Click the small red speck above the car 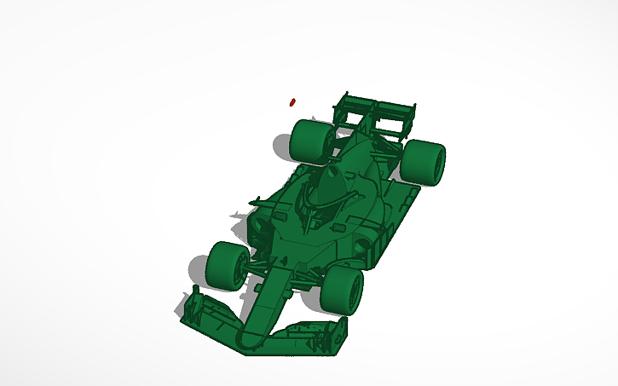tap(292, 101)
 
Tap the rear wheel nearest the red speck tap(309, 141)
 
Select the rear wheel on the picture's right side tap(424, 162)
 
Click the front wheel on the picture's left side tap(225, 264)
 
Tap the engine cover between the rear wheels tap(362, 153)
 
